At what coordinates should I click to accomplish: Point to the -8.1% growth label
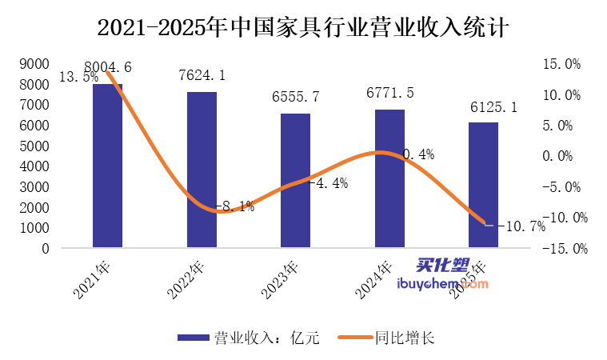pyautogui.click(x=236, y=206)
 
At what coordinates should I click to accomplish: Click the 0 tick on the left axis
pyautogui.click(x=46, y=249)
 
